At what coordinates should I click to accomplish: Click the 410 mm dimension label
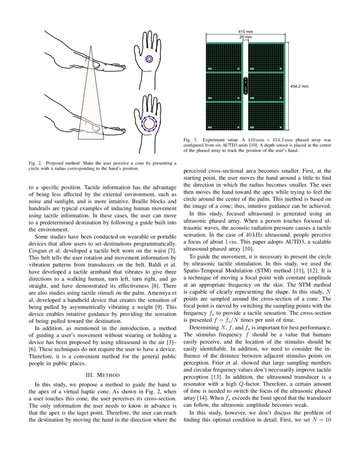click(246, 32)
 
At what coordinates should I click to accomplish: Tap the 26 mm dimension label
click(246, 37)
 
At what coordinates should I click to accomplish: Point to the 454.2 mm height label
click(299, 86)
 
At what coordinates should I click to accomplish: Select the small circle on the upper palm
click(149, 59)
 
